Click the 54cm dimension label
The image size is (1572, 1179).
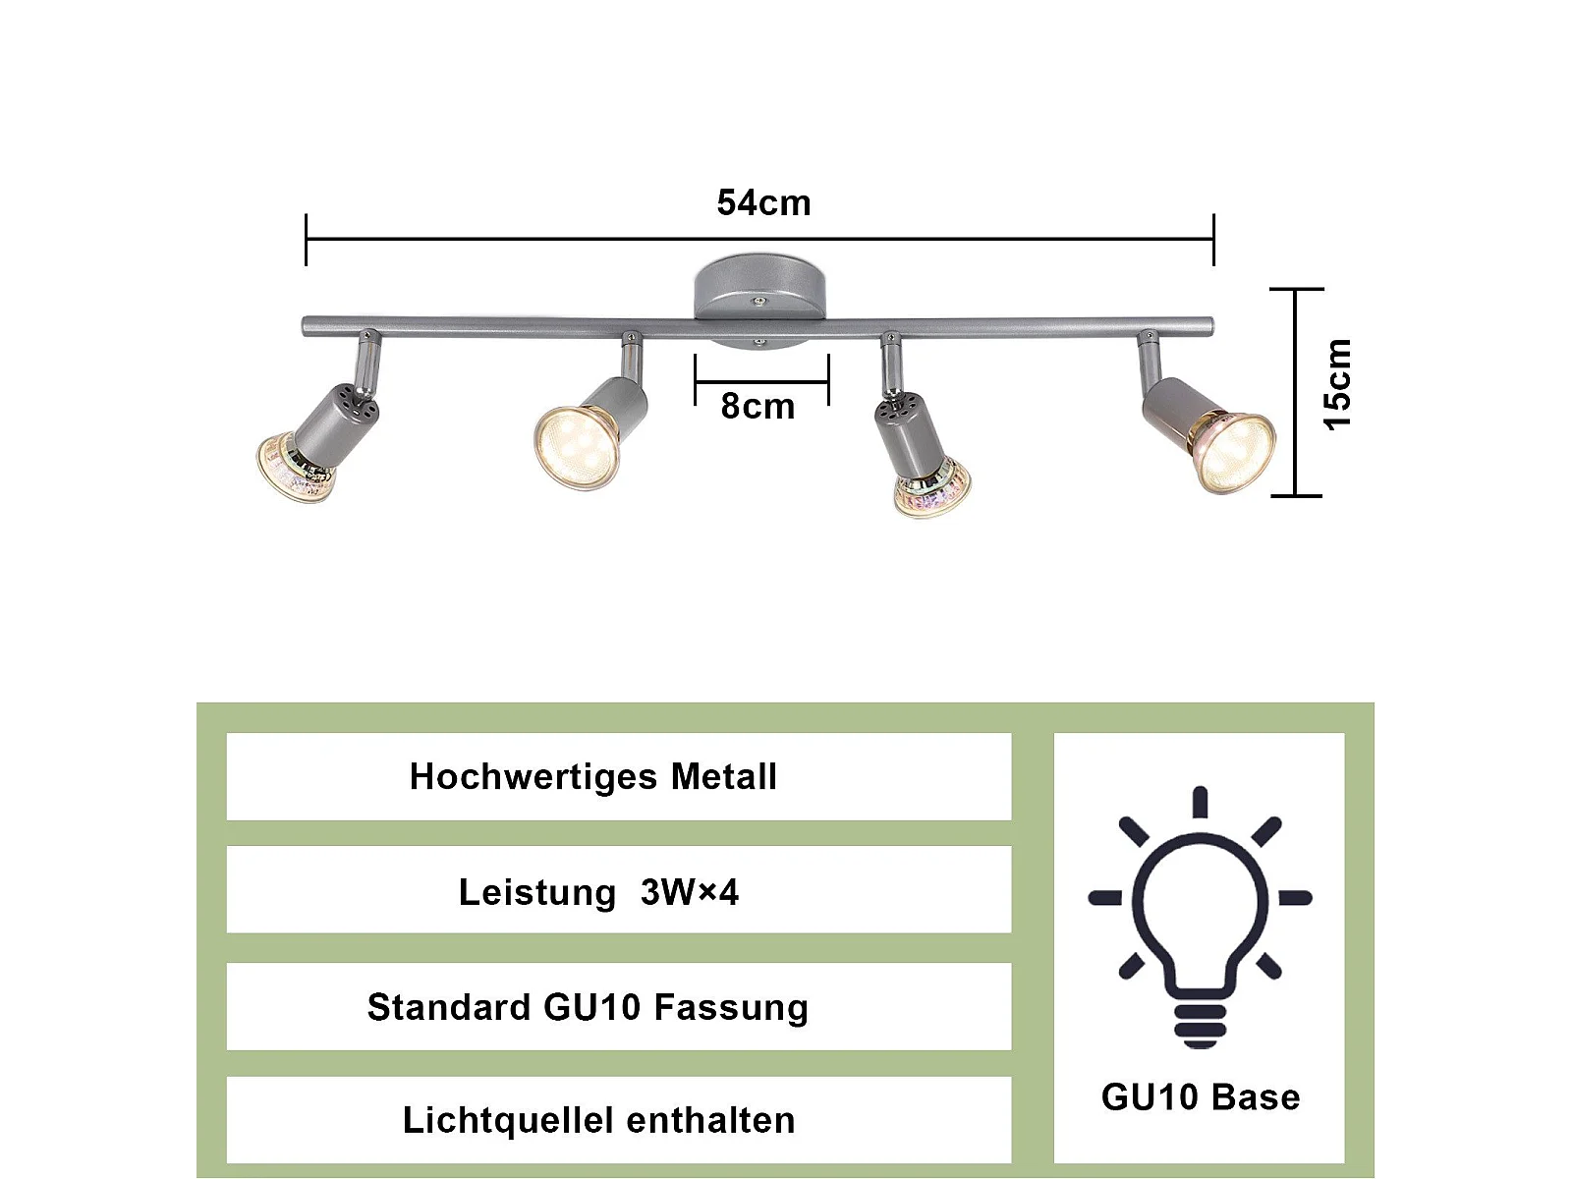click(x=763, y=203)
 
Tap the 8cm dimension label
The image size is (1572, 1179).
click(x=757, y=407)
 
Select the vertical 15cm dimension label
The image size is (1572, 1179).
click(x=1338, y=384)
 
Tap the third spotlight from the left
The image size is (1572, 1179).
click(x=929, y=485)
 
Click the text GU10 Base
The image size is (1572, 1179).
click(x=1200, y=1097)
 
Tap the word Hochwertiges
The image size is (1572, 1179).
click(x=533, y=777)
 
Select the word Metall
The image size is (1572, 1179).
click(x=724, y=777)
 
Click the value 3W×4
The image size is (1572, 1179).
click(x=689, y=892)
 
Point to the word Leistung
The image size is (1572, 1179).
click(x=536, y=892)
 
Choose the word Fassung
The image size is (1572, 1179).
click(x=731, y=1007)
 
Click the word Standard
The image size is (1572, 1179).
click(x=449, y=1007)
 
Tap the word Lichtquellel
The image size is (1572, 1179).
click(x=508, y=1120)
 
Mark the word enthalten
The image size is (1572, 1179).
click(x=710, y=1120)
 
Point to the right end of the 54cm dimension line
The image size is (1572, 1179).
click(x=1213, y=239)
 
